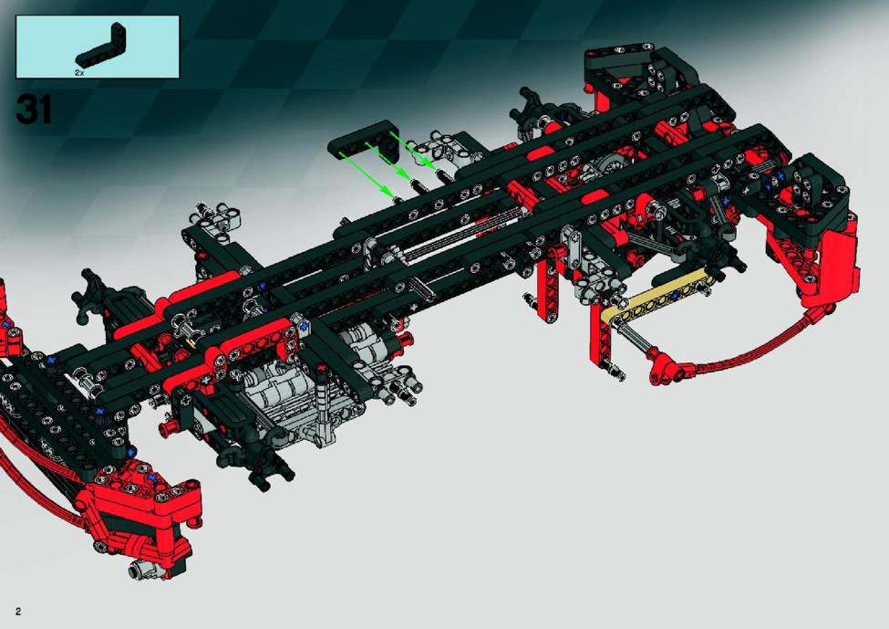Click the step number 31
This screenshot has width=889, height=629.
[x=34, y=109]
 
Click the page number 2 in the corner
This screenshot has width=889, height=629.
[x=19, y=612]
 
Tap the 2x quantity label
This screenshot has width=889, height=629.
[x=79, y=73]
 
